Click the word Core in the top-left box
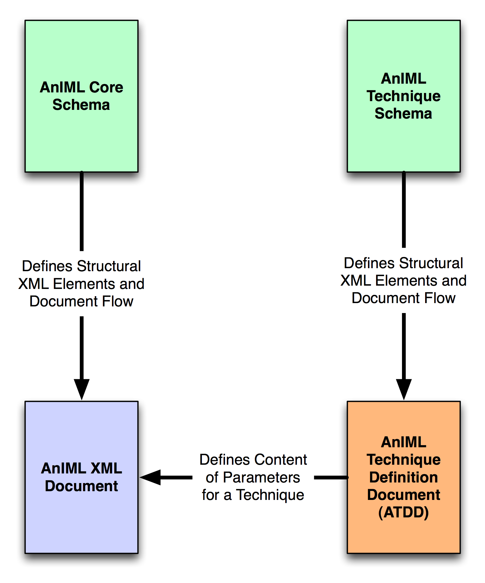[106, 87]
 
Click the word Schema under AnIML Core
[81, 105]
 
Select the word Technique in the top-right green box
[403, 96]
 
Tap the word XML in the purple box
[106, 468]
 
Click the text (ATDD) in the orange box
[403, 512]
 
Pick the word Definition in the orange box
[403, 477]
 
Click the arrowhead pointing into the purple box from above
[82, 389]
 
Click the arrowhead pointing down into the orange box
[403, 389]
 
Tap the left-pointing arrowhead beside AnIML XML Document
[150, 477]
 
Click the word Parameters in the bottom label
[261, 478]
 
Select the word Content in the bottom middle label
[280, 460]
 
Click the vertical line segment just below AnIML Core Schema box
[82, 211]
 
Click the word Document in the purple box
[81, 486]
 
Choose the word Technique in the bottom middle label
[270, 495]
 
